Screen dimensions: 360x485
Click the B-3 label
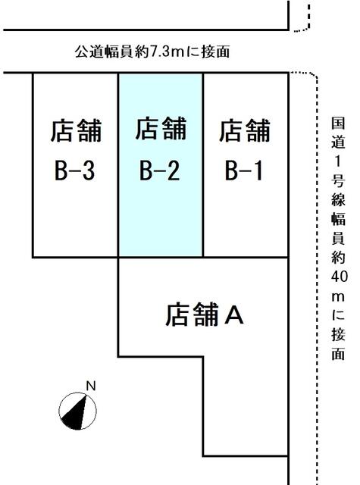(74, 171)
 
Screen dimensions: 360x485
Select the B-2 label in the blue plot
(159, 171)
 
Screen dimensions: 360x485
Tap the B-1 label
(244, 171)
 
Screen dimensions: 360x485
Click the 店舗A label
(205, 314)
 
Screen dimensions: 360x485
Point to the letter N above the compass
(91, 386)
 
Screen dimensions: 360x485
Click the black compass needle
(75, 412)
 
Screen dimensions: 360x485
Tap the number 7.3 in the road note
(160, 52)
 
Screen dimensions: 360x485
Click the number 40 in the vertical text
(339, 276)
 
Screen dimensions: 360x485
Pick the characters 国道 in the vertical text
(338, 133)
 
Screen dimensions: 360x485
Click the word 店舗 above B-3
(76, 130)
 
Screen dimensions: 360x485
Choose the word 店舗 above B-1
(245, 130)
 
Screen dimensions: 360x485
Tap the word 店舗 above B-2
(161, 128)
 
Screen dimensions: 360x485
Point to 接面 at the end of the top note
(215, 52)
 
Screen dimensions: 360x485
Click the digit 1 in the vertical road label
(338, 161)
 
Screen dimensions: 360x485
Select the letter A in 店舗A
(234, 315)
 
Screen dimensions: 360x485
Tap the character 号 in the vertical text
(338, 180)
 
